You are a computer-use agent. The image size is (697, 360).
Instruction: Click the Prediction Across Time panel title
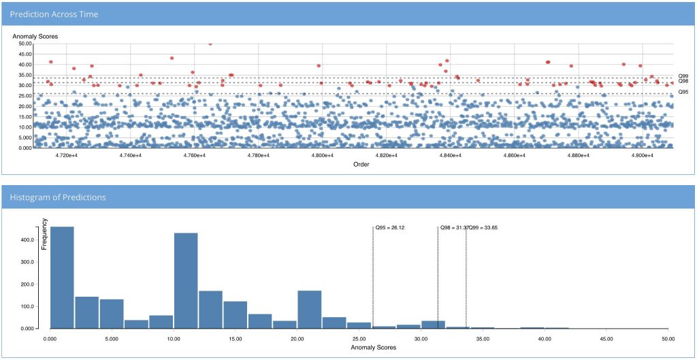coord(54,14)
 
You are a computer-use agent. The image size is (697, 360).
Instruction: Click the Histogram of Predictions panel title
coord(58,197)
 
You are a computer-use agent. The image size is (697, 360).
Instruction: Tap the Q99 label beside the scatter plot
coord(683,76)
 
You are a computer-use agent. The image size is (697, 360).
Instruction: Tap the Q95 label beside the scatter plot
coord(683,91)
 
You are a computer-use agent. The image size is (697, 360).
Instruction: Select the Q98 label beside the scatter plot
coord(683,82)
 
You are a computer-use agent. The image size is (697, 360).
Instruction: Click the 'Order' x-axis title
coord(361,164)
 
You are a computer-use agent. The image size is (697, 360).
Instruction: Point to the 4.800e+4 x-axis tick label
coord(322,156)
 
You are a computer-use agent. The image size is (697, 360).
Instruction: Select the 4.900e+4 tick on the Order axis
coord(642,156)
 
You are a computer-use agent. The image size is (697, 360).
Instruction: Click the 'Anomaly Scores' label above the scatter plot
coord(35,36)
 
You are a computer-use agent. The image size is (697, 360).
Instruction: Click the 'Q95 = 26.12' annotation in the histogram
coord(390,227)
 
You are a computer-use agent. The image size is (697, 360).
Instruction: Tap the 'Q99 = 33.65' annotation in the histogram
coord(483,227)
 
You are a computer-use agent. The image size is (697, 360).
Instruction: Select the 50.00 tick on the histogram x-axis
coord(668,338)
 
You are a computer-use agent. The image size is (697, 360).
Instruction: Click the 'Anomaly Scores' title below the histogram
coord(373,347)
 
